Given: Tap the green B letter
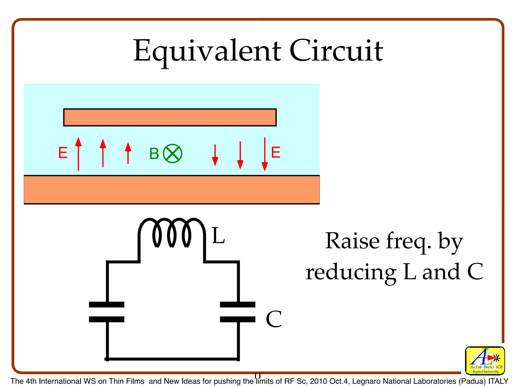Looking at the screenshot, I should point(154,154).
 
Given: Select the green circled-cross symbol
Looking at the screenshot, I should point(173,154).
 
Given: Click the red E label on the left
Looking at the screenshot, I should point(63,153).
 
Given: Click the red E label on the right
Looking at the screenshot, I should point(276,152).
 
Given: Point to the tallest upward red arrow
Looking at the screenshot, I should point(78,154).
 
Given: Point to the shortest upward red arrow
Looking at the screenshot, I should point(128,153).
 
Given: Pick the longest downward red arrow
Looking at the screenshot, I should point(265,154).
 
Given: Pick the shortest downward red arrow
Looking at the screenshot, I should point(215,155).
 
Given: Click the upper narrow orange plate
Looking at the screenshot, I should point(170,117).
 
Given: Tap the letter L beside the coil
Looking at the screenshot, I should point(218,236).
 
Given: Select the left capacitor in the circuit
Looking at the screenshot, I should point(107,312).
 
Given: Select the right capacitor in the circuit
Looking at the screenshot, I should point(238,312).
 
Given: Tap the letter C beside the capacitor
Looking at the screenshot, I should point(274,319).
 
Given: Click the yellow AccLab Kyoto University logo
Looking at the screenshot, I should point(485,360).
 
